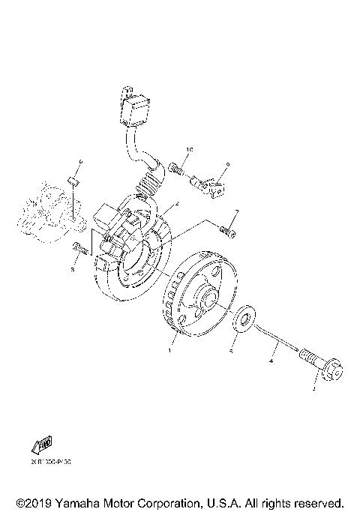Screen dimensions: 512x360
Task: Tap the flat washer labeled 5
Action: tap(242, 318)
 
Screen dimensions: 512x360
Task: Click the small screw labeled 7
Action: tap(228, 234)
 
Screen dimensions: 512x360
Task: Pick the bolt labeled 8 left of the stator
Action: tap(79, 248)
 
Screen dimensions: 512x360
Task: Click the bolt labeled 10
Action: tap(177, 169)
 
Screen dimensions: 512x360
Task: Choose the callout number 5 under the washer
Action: tap(232, 350)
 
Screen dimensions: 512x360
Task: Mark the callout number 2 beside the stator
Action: tap(175, 204)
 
